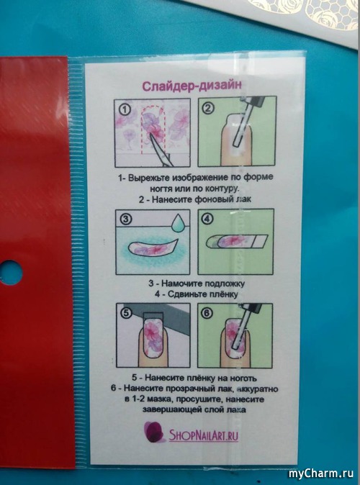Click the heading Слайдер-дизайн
[x=192, y=86]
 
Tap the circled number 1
[x=125, y=109]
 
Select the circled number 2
[x=208, y=108]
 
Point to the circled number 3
[x=125, y=219]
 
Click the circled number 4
[x=207, y=219]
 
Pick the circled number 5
[x=126, y=313]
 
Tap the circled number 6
[x=207, y=313]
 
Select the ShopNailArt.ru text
[x=203, y=435]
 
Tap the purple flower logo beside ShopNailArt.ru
[x=154, y=432]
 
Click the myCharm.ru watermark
[x=321, y=473]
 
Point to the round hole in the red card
[x=10, y=273]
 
